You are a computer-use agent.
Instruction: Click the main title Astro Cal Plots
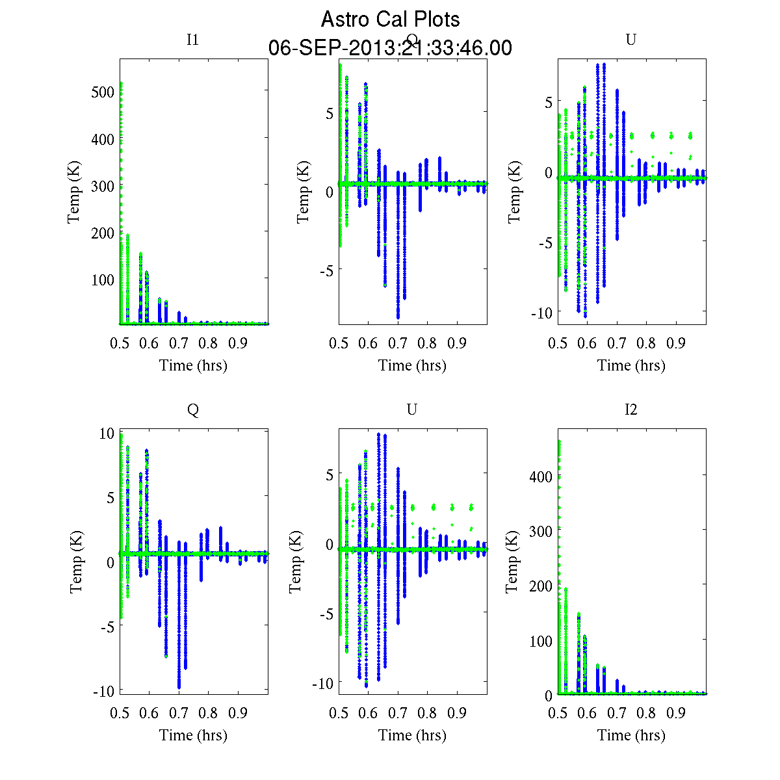click(390, 19)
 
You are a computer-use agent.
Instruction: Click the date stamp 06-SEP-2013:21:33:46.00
click(390, 48)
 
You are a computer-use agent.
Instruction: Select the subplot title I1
click(192, 40)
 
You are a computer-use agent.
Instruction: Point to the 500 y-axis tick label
click(103, 92)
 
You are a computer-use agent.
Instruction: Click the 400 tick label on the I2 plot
click(541, 476)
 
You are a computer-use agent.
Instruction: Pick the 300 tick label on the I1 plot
click(103, 186)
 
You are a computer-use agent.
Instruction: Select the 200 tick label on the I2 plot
click(541, 586)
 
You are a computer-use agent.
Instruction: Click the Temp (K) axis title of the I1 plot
click(74, 192)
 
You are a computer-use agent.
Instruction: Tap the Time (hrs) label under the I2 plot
click(631, 735)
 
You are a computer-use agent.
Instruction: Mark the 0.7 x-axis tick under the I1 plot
click(179, 343)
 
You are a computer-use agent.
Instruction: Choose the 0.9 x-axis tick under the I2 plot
click(676, 713)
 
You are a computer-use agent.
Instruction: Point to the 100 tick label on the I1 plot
click(103, 279)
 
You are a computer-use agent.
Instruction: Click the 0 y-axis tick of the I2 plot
click(549, 695)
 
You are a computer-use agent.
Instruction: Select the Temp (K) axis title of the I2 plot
click(513, 562)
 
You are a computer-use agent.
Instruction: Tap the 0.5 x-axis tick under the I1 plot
click(120, 343)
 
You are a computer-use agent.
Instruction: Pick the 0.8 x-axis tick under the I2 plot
click(647, 713)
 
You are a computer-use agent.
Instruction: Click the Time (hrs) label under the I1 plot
click(193, 365)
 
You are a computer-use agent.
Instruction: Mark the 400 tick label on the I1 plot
click(103, 139)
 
